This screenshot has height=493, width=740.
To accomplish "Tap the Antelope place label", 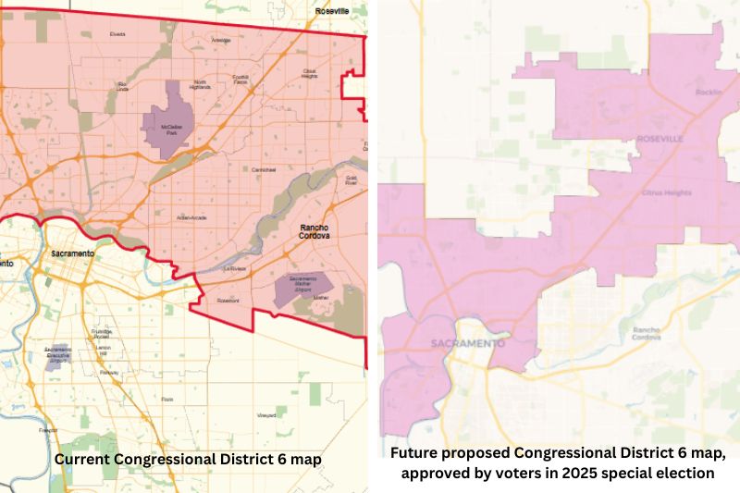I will (221, 41).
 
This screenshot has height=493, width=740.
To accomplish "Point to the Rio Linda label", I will (122, 86).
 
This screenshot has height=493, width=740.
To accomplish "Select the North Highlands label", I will (200, 85).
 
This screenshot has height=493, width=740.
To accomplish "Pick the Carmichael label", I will (264, 171).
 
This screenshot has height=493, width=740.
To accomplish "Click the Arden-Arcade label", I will (191, 217).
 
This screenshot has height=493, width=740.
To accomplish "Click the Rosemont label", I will (228, 301).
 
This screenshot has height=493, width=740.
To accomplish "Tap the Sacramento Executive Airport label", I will (57, 354).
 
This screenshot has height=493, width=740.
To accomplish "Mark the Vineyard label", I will (266, 415).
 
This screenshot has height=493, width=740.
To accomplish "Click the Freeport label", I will (48, 430).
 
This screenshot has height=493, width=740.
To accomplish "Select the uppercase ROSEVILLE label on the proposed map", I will (660, 138).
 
